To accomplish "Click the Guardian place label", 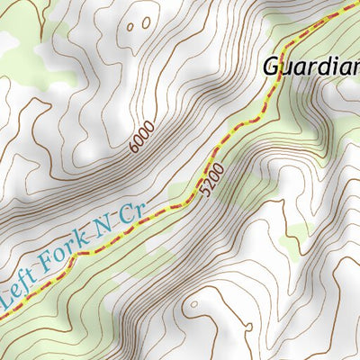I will point(311,66).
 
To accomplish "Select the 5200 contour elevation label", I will point(213,183).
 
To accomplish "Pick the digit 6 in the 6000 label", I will point(134,147).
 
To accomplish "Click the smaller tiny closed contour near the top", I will point(130,27).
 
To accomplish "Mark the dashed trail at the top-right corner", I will point(351,7).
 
